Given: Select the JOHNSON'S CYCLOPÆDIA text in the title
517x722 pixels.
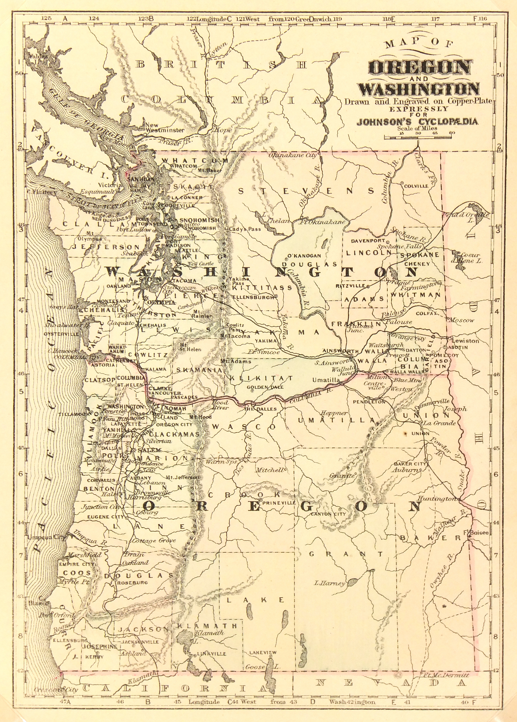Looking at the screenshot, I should [x=417, y=122].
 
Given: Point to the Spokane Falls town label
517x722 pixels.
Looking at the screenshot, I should [x=399, y=246].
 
